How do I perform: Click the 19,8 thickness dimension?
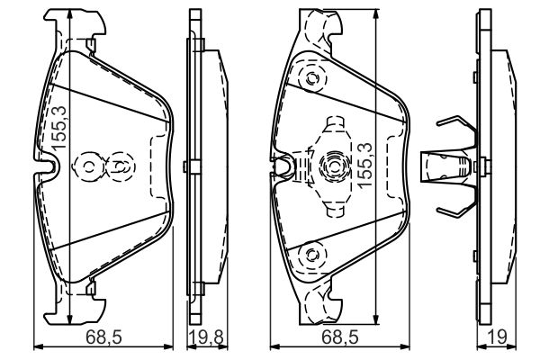(x=203, y=338)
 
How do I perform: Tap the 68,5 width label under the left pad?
(x=103, y=338)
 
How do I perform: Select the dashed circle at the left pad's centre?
(x=118, y=166)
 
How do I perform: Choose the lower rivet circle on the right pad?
(x=311, y=255)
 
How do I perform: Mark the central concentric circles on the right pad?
(x=331, y=166)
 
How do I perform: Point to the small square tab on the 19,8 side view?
(x=184, y=166)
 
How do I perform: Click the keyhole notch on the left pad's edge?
(x=49, y=166)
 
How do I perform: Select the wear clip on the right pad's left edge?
(x=284, y=165)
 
